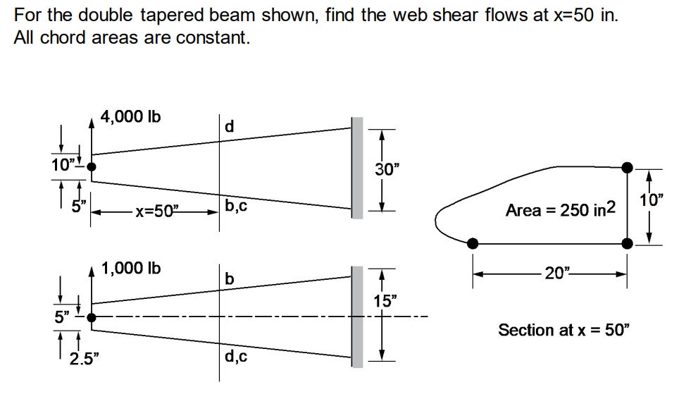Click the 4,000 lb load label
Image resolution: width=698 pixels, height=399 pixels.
[x=130, y=117]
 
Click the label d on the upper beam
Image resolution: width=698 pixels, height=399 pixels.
[x=229, y=128]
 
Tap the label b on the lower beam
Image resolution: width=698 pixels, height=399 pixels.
[x=229, y=279]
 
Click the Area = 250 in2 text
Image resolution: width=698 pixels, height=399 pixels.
[x=561, y=209]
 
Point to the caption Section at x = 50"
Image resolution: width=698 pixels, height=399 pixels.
[x=561, y=330]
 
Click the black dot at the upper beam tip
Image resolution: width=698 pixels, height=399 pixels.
[x=91, y=167]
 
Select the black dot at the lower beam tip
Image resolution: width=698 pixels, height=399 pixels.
[x=91, y=317]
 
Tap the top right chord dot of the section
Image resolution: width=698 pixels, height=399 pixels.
[x=628, y=167]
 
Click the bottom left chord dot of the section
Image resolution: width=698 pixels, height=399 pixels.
[x=473, y=243]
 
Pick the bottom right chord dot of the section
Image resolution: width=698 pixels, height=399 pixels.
[x=628, y=243]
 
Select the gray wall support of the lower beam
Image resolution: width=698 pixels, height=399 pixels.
[x=357, y=317]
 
